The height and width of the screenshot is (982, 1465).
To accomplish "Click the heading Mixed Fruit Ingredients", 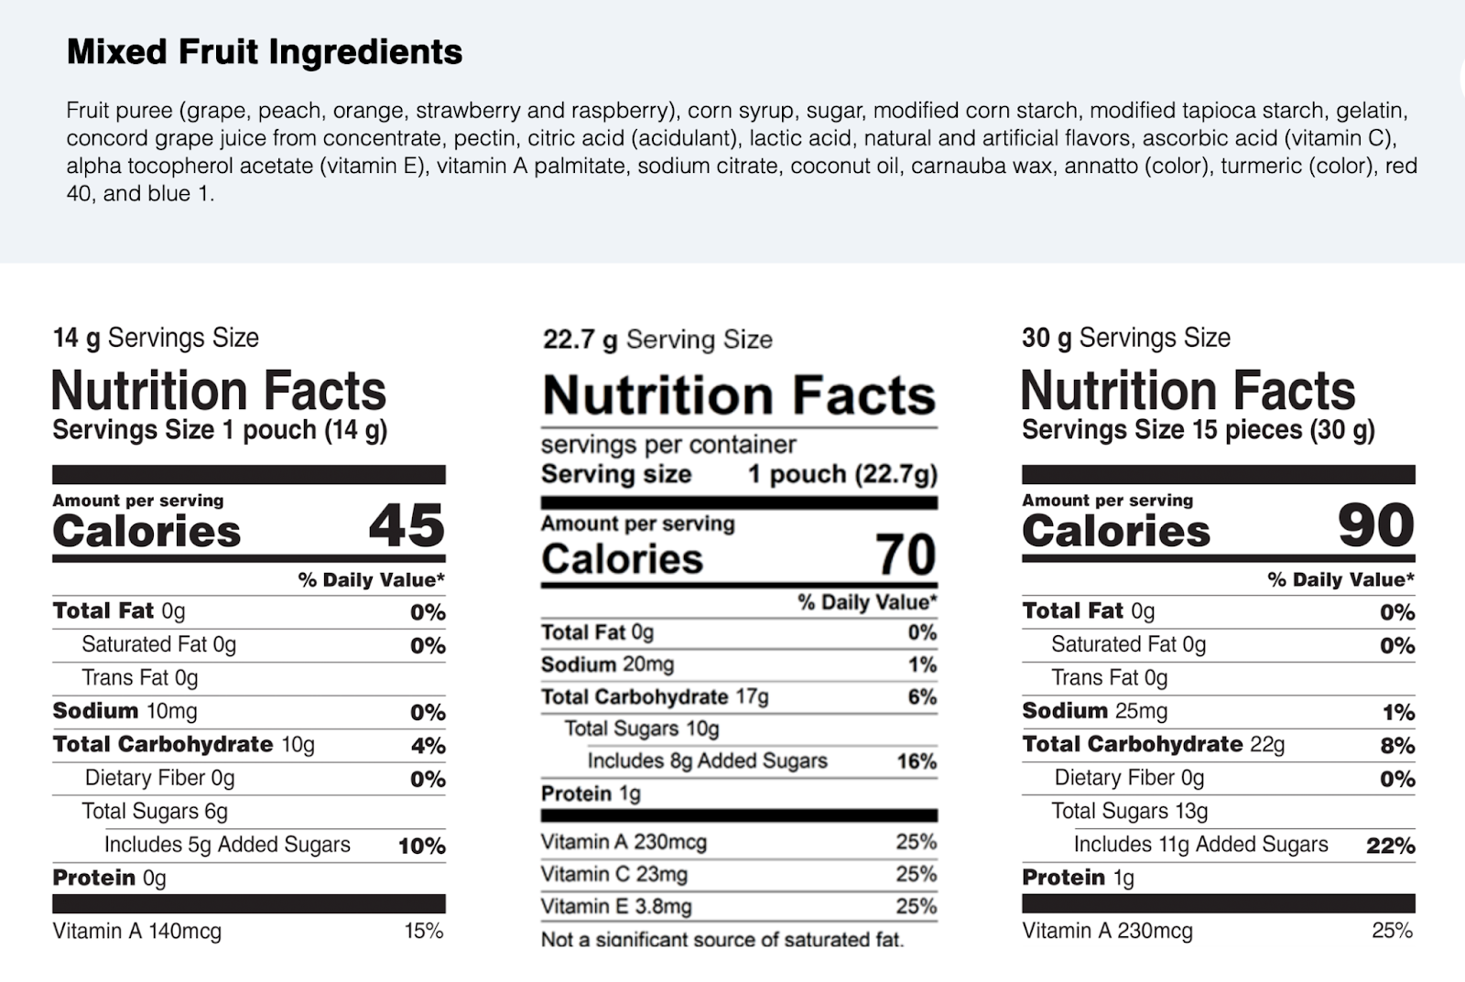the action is click(265, 52).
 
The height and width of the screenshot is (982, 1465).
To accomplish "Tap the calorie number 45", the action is click(407, 525).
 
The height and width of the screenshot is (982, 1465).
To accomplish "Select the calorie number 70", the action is click(906, 555).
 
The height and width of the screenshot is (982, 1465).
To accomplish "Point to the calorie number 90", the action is click(1376, 525).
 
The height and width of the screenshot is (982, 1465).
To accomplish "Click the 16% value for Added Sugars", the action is click(917, 761).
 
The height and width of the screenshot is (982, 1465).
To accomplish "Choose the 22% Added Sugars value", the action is click(1391, 846).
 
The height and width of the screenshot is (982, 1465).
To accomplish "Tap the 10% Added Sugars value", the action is click(422, 847).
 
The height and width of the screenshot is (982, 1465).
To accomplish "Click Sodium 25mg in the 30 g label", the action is click(1095, 711).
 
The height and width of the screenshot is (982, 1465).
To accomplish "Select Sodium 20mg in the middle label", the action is click(608, 664).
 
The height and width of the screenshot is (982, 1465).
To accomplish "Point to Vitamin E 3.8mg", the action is click(616, 906).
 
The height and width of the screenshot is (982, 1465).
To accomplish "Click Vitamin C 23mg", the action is click(614, 874).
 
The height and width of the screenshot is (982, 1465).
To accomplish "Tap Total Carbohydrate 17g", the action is click(655, 697).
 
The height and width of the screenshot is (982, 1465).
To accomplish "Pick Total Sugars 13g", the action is click(1130, 812).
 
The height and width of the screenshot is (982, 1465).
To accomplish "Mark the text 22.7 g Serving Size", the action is click(657, 340).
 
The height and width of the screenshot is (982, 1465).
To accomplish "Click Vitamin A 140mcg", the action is click(137, 931).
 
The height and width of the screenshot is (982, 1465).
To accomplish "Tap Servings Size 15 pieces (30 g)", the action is click(1199, 430).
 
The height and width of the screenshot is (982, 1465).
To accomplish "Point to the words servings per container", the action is click(668, 445).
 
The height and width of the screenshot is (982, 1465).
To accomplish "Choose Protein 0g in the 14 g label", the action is click(109, 878).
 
